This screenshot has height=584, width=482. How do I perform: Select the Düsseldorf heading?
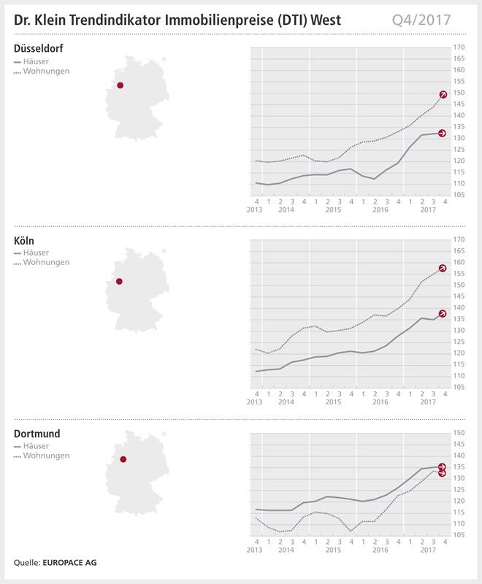click(39, 49)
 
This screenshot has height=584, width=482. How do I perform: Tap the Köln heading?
click(26, 242)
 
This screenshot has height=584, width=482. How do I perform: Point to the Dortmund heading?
click(37, 434)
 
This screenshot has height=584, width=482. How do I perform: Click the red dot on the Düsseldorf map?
click(120, 85)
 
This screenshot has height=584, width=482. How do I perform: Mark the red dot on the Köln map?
click(120, 281)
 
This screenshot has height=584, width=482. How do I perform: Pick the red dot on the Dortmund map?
click(123, 459)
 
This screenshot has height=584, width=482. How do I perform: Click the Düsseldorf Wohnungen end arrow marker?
click(443, 94)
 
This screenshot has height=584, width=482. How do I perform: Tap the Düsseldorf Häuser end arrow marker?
click(443, 133)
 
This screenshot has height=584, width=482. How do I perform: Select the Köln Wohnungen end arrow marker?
click(443, 268)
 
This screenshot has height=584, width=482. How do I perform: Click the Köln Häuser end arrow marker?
click(443, 313)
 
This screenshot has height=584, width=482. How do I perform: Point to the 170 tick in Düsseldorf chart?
click(459, 47)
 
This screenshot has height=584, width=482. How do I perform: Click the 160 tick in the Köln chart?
click(459, 262)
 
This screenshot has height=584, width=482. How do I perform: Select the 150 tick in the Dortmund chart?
click(459, 433)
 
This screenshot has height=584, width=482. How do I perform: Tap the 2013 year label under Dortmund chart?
click(254, 549)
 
